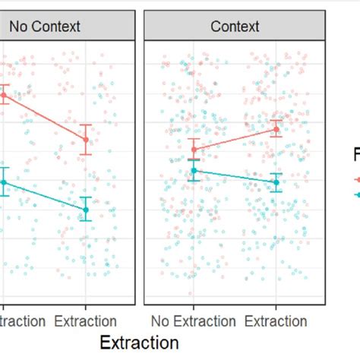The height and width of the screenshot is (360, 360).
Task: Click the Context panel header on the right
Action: (235, 27)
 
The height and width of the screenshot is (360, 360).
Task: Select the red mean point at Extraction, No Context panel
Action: (86, 139)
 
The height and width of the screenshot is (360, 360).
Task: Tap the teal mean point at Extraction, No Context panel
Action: (86, 210)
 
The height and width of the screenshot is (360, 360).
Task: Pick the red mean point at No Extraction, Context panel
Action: (194, 150)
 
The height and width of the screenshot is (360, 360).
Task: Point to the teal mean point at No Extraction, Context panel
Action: (194, 171)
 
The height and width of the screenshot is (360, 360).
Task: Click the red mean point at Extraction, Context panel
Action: (276, 130)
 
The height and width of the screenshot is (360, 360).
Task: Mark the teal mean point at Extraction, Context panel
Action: (276, 182)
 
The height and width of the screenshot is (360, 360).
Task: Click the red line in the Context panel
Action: (235, 140)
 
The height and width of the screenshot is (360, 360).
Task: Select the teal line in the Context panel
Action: (235, 177)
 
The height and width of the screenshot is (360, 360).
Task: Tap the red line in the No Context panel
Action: (46, 117)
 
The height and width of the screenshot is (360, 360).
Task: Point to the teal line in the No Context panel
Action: (46, 196)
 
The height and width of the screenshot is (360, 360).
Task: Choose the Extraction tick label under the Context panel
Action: (276, 321)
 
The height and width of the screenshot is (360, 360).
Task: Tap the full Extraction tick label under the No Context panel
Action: (86, 321)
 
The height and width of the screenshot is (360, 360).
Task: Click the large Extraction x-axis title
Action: (139, 343)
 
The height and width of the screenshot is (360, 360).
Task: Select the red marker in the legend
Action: (357, 179)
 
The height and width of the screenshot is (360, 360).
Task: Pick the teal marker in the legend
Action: (357, 195)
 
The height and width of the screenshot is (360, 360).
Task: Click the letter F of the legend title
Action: (355, 156)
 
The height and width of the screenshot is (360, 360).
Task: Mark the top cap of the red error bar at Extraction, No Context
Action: (86, 125)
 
